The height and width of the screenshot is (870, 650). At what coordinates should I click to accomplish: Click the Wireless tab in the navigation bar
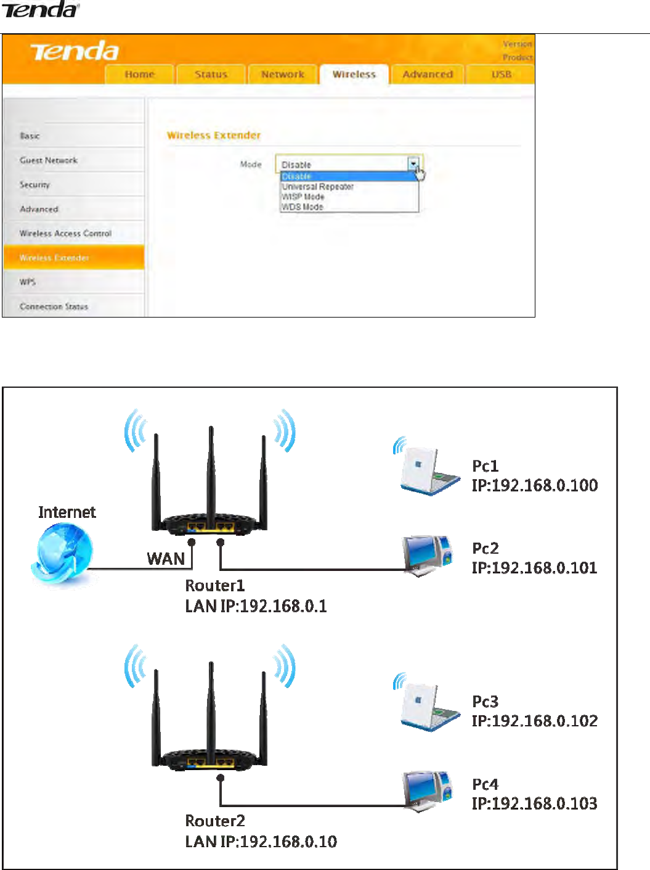pos(354,75)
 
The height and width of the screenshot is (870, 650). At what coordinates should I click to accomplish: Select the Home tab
pos(139,75)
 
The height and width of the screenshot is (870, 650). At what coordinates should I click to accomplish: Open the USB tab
pos(501,75)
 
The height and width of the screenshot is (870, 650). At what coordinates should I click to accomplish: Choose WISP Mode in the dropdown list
pos(303,197)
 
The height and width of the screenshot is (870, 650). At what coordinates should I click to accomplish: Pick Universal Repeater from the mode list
pos(317,186)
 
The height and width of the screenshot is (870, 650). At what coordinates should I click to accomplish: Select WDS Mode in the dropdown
pos(303,207)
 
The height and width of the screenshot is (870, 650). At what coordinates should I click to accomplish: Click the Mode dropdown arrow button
pos(413,164)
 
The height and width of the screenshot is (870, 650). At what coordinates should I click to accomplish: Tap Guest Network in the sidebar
pos(49,160)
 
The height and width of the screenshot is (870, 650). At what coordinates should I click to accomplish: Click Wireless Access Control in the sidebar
pos(65,234)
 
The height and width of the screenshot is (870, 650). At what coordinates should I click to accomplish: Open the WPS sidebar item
pos(28,282)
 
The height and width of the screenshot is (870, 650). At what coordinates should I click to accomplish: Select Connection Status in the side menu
pos(54,306)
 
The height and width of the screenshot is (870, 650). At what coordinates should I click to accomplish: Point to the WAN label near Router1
pos(166,559)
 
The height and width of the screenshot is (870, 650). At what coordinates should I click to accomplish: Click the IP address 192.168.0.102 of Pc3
pos(535,721)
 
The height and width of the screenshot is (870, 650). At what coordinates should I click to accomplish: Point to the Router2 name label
pos(215,821)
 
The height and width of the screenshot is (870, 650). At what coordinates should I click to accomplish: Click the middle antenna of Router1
pos(211,469)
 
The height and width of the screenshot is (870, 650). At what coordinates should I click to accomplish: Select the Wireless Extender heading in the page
pos(214,136)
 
